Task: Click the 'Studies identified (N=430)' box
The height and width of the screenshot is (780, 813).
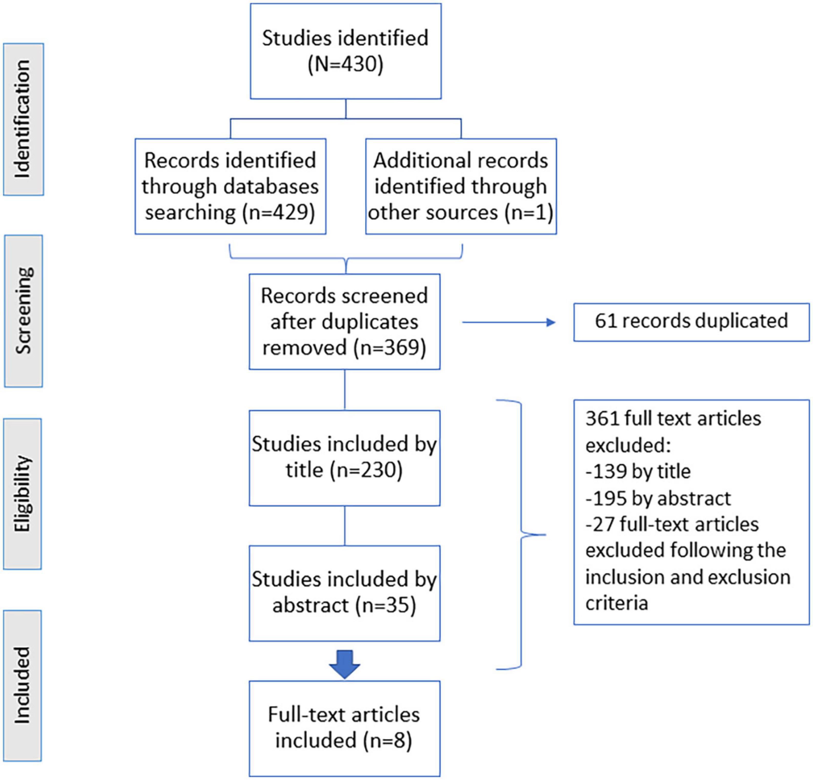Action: tap(346, 51)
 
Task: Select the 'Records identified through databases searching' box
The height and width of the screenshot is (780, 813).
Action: tap(230, 186)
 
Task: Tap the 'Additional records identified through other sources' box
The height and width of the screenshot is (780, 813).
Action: tap(461, 186)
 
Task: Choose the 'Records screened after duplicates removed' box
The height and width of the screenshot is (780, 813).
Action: tap(344, 321)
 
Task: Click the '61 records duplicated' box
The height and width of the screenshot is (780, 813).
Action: tap(692, 322)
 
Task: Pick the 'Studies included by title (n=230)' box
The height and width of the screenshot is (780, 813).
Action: tap(344, 458)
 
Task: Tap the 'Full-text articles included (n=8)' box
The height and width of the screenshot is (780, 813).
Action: tap(344, 729)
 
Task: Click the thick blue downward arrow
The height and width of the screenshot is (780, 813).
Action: tap(345, 664)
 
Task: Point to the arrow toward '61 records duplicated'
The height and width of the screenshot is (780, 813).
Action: tap(509, 322)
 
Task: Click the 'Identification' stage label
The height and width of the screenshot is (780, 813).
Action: tap(23, 119)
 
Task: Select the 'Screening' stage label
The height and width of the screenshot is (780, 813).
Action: tap(23, 311)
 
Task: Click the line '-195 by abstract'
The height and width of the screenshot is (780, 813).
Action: tap(658, 498)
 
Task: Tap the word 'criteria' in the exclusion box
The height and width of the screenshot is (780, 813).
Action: tap(616, 603)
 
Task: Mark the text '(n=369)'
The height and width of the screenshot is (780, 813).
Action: tap(390, 348)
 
